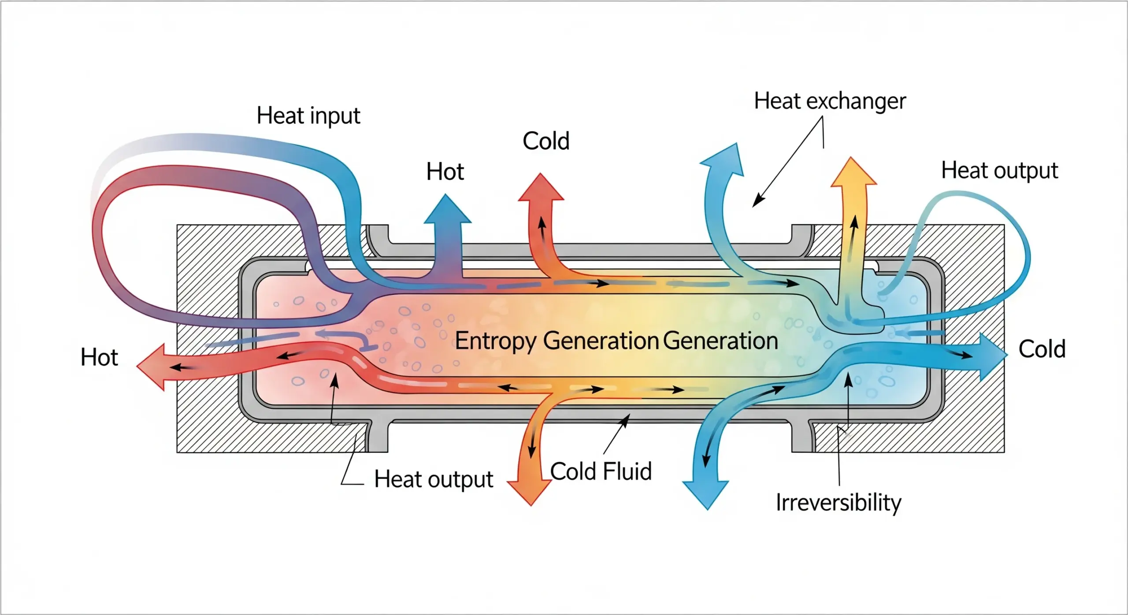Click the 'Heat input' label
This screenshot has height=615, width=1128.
click(308, 116)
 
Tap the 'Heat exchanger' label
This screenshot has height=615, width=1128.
click(830, 101)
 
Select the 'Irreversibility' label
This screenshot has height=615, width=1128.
click(838, 503)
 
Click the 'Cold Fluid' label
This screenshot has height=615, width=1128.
click(601, 471)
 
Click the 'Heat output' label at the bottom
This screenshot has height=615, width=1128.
click(434, 479)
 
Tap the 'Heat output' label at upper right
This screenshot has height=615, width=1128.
click(999, 170)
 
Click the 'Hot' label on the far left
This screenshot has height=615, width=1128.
click(99, 357)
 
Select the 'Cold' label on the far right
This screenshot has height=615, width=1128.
click(1042, 349)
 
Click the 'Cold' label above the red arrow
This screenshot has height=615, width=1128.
click(546, 141)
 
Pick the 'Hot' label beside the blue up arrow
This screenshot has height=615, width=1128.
click(445, 172)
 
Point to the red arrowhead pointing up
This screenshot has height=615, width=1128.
click(541, 187)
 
